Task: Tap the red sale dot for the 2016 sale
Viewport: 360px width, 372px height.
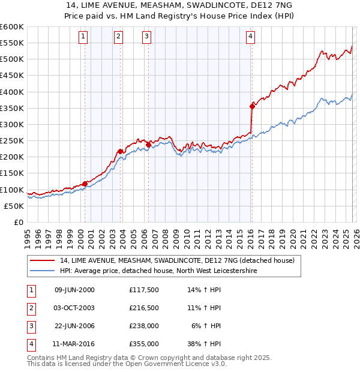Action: point(252,107)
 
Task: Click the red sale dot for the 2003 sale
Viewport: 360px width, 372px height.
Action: point(120,151)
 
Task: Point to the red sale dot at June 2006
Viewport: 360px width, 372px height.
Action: point(149,144)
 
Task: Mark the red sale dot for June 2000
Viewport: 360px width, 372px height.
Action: point(85,184)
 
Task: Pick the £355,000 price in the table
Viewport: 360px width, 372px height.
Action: point(144,344)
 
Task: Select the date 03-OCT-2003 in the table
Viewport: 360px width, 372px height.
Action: point(74,308)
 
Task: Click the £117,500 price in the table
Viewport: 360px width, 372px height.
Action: point(144,290)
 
